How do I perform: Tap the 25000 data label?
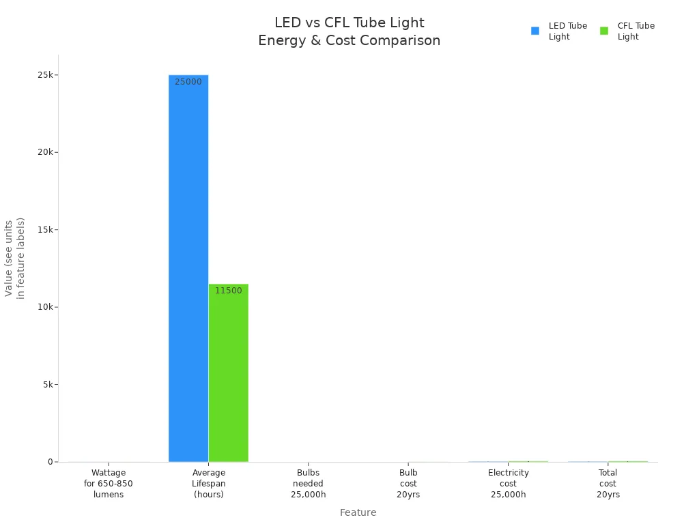click(188, 82)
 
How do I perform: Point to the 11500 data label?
click(228, 291)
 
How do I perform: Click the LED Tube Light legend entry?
click(560, 31)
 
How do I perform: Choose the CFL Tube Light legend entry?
click(629, 31)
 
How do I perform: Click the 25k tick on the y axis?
click(47, 74)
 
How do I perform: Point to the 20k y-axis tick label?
click(47, 152)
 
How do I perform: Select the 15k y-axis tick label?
click(47, 229)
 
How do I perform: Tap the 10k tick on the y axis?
click(47, 307)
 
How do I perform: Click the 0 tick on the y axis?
click(51, 462)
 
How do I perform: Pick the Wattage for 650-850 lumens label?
click(109, 484)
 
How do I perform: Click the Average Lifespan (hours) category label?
click(208, 484)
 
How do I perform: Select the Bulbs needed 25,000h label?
click(309, 484)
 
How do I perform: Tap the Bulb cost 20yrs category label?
click(408, 484)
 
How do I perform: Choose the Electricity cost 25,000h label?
click(508, 484)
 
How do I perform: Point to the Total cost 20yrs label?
click(608, 484)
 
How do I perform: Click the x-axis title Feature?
click(358, 512)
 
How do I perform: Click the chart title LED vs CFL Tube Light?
click(349, 23)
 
